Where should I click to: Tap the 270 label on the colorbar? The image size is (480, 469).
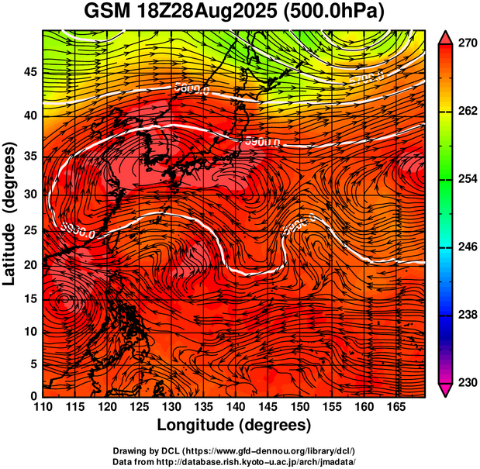pos(467,44)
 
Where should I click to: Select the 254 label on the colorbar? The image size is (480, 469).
pos(467,179)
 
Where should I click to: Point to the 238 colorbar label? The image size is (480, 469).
pos(467,315)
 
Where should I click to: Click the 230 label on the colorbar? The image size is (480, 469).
pos(467,382)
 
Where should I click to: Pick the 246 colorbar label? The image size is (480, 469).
pos(467,247)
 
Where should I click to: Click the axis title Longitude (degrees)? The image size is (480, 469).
pos(234,425)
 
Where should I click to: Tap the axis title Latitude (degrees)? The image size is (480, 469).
pos(10,213)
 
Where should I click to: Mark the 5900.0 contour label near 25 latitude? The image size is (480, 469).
pos(78,231)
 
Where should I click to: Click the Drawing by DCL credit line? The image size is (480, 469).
pos(234,450)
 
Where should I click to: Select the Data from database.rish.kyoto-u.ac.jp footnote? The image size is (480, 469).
pos(234,461)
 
